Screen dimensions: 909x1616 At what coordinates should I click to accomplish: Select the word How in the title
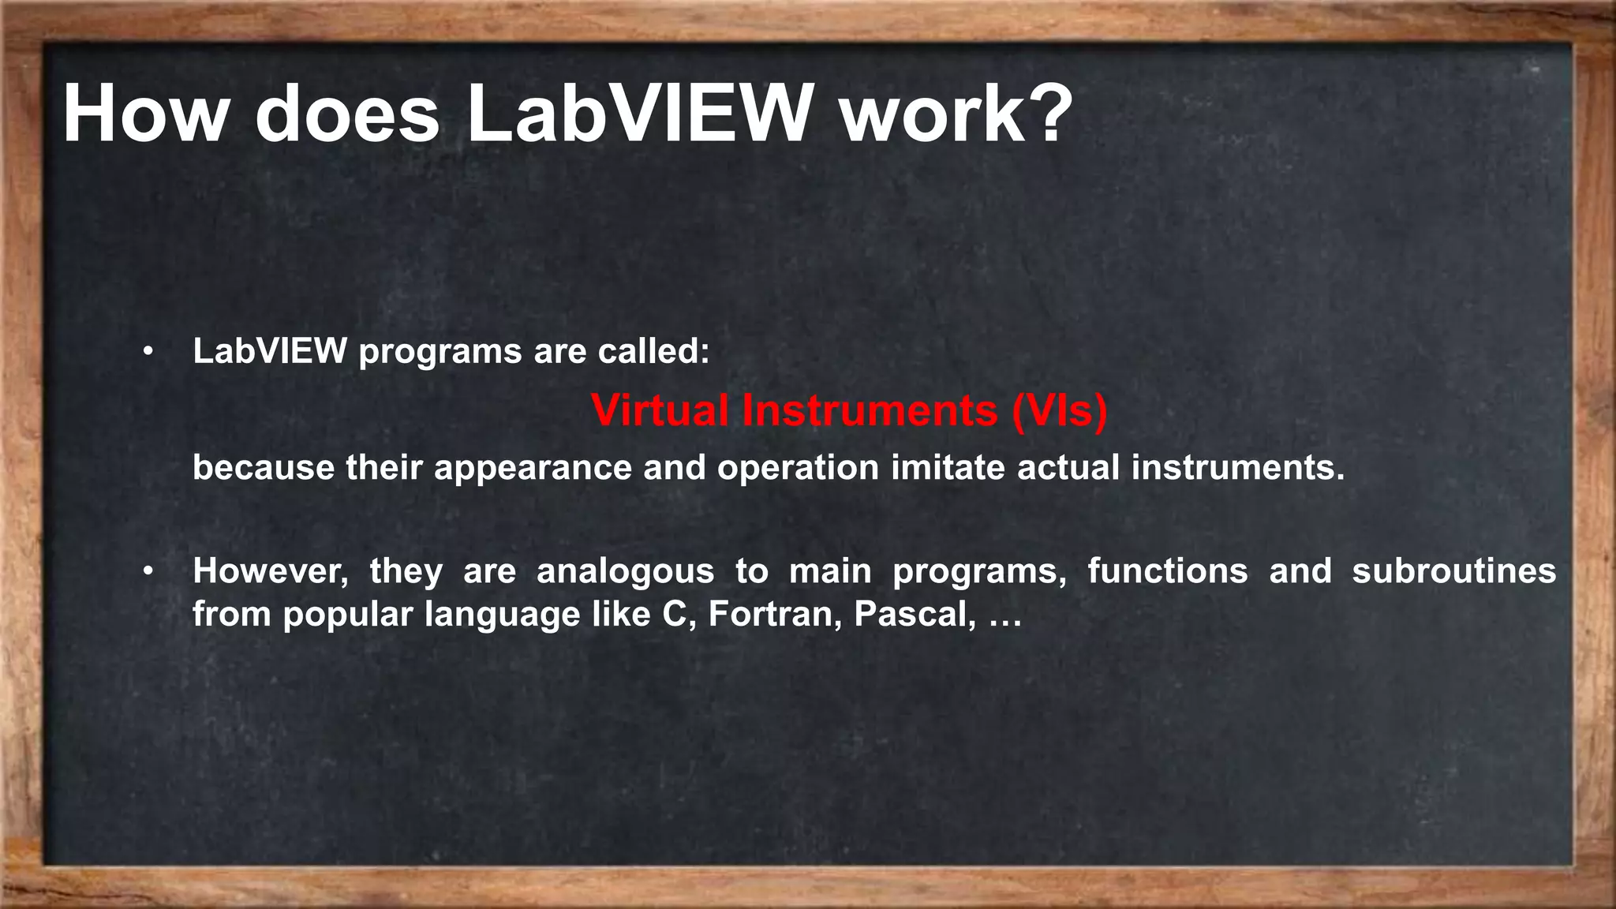point(145,115)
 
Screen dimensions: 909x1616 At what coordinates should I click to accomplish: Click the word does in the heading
point(347,115)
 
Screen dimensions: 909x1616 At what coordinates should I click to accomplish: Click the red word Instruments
point(870,410)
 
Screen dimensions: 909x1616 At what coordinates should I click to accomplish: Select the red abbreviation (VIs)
point(1060,410)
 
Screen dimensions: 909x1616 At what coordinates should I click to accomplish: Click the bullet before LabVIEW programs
point(148,353)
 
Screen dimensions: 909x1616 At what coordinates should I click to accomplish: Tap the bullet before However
point(148,571)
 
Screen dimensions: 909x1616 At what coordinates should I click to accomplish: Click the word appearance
point(533,468)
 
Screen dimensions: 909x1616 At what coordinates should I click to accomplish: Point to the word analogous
point(625,570)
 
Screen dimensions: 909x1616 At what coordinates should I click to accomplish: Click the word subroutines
point(1453,570)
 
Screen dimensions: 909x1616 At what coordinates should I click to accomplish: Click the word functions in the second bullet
point(1168,570)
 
